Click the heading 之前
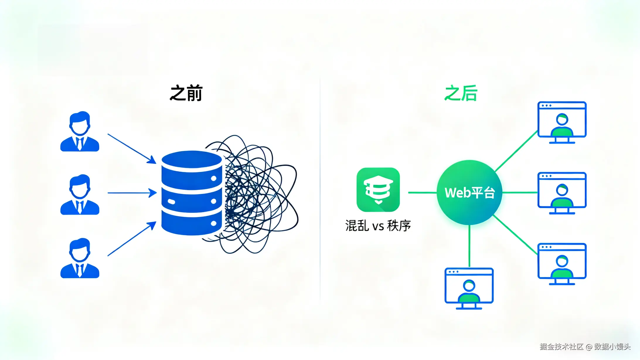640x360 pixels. coord(186,93)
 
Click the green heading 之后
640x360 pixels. coord(461,93)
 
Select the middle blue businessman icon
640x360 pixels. coord(80,195)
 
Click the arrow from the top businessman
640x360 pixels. coord(132,148)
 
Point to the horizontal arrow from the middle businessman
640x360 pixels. coord(132,193)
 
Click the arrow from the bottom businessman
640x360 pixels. coord(132,239)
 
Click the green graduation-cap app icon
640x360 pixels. coord(378,190)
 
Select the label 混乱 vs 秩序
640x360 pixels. coord(378,226)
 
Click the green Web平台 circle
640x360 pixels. coord(469,193)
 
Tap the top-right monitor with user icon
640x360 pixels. coord(562,122)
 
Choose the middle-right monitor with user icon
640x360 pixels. coord(562,193)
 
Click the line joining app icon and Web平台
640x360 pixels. coord(422,193)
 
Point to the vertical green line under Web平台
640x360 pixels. coord(469,246)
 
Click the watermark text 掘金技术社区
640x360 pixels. coord(561,347)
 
